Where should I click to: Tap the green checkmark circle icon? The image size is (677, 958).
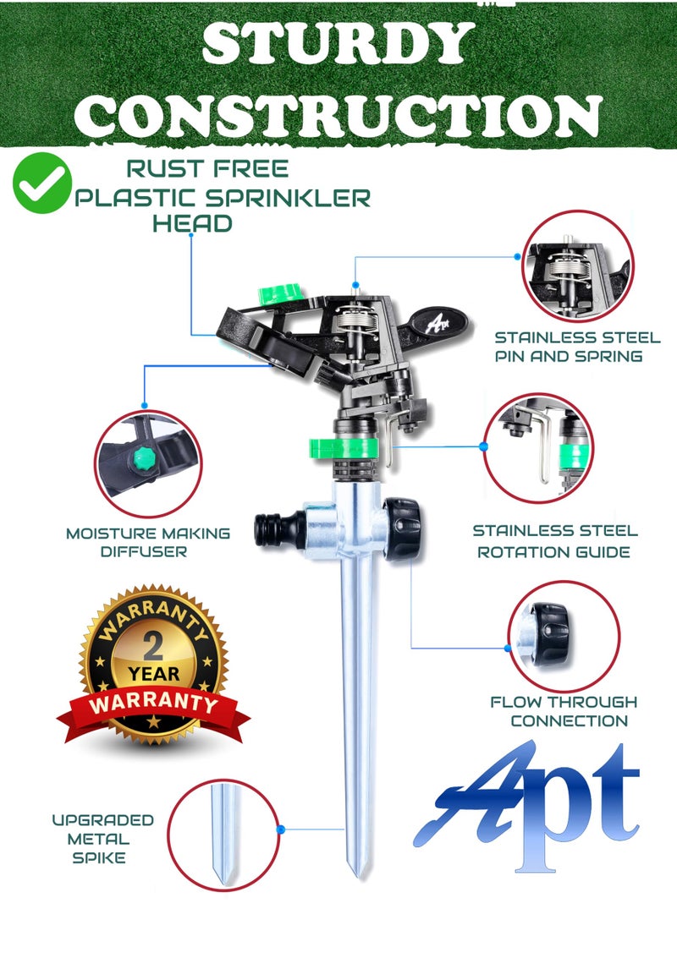pyautogui.click(x=41, y=183)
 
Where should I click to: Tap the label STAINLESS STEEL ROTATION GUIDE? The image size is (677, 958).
pyautogui.click(x=554, y=541)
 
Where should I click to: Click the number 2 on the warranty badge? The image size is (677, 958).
pyautogui.click(x=153, y=648)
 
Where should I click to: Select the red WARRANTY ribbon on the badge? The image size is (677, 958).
pyautogui.click(x=153, y=703)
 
